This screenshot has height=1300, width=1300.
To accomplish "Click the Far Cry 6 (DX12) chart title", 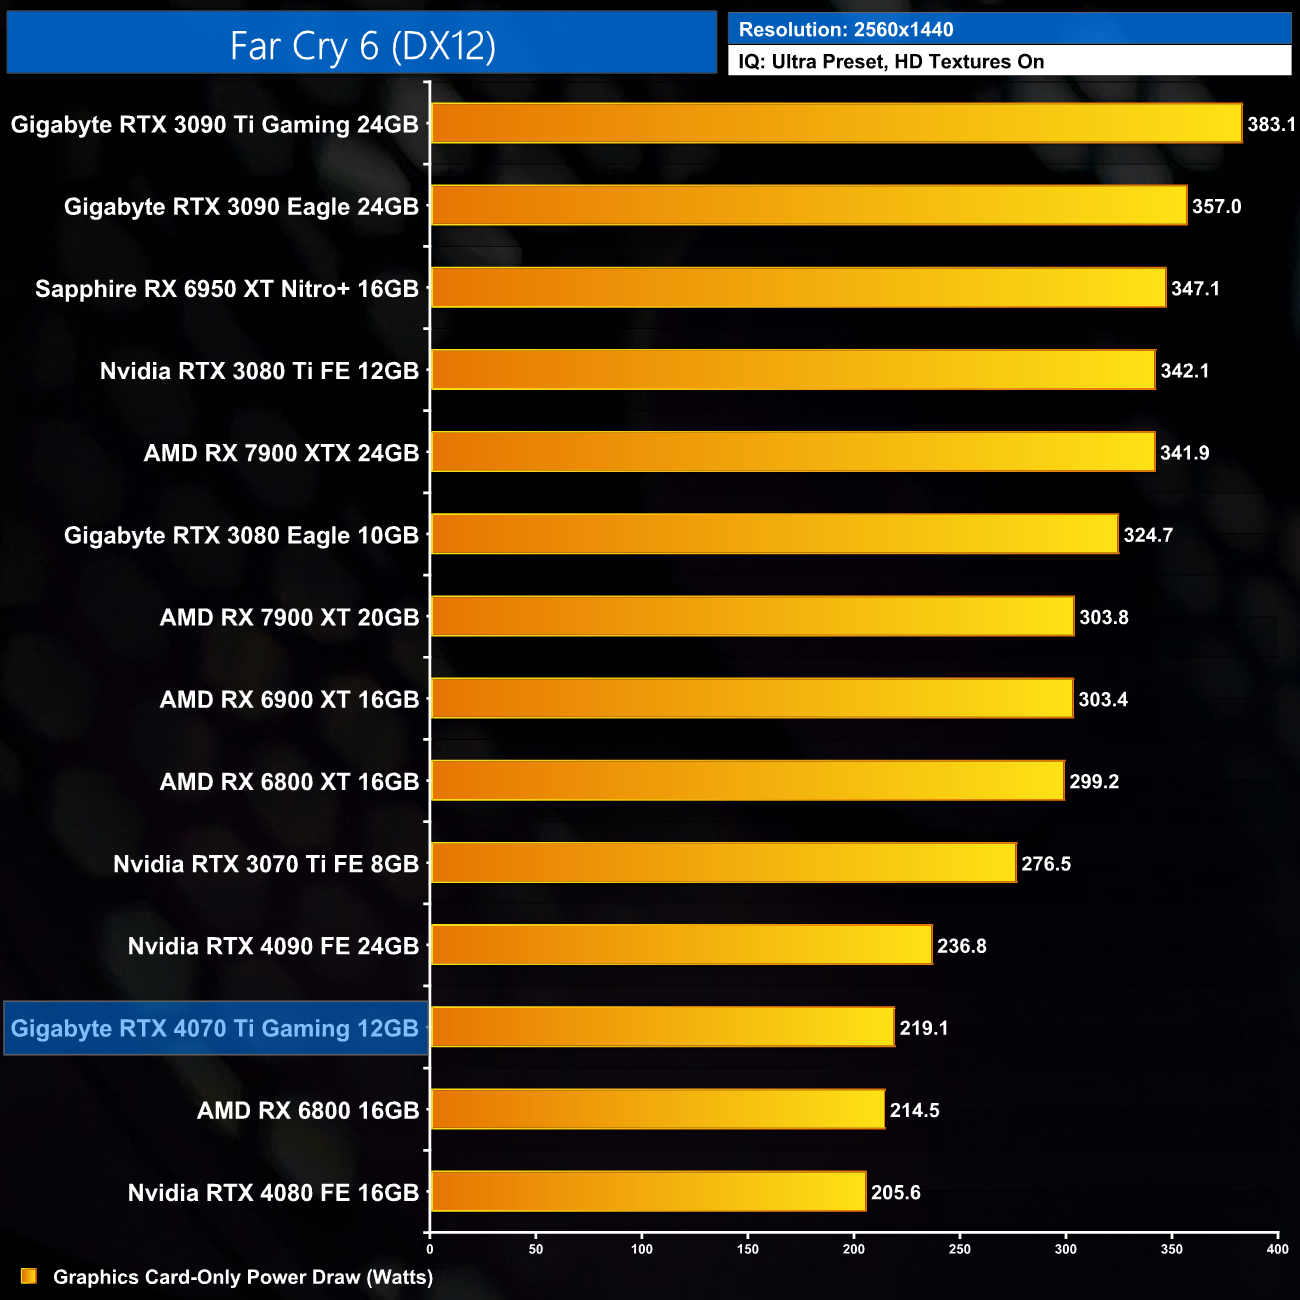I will [x=362, y=45].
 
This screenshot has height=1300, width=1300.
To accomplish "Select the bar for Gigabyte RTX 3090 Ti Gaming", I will [x=836, y=124].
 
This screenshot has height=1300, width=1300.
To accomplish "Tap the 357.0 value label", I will [x=1216, y=207].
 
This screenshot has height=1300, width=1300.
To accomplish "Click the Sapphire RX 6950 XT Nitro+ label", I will [x=227, y=289].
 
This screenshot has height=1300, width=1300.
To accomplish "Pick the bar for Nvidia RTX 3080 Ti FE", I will [x=793, y=370].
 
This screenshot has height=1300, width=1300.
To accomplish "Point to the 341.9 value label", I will [x=1184, y=453].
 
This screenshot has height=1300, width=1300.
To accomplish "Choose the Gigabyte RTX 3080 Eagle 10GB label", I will [x=241, y=535].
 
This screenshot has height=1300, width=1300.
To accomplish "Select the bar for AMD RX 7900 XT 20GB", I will [x=752, y=616].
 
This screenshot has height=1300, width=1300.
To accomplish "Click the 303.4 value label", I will [x=1103, y=699].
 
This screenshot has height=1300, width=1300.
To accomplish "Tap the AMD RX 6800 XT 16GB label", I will [x=289, y=782].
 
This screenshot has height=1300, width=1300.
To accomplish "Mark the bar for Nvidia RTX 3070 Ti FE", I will [x=723, y=863].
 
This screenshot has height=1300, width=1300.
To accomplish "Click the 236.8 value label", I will [x=961, y=946].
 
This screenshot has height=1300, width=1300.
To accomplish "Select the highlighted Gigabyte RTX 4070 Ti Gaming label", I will [x=215, y=1028].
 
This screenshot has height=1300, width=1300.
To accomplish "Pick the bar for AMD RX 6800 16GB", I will [x=658, y=1109].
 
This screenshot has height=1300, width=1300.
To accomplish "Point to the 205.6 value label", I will [x=895, y=1192].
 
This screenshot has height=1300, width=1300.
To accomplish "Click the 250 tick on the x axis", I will [x=960, y=1249].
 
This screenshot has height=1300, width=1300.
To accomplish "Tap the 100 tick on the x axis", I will [x=642, y=1249].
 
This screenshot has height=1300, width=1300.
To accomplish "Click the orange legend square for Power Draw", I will [x=29, y=1276].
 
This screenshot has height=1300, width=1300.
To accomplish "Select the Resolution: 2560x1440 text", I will [x=846, y=30].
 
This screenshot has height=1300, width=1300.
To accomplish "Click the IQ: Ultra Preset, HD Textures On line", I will [x=891, y=62].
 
